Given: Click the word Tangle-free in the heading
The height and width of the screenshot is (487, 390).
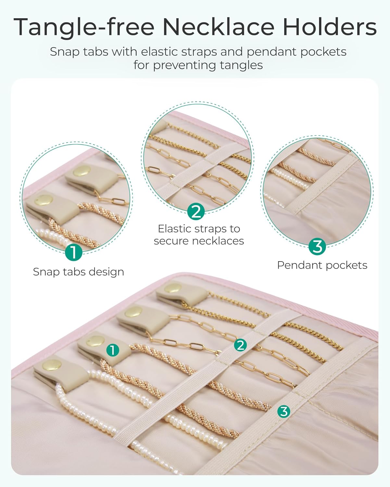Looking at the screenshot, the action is point(84,27).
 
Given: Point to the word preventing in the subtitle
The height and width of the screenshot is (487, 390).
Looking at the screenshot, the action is point(185,66).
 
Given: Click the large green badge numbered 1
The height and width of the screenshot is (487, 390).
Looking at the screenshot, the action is point(74,252).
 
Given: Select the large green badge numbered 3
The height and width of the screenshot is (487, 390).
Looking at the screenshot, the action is point(317,246).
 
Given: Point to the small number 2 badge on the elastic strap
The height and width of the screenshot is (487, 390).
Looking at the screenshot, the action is point(240,345).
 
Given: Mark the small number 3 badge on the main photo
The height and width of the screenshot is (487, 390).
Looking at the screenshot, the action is point(283,411).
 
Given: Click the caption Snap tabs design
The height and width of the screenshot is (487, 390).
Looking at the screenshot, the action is point(78,272).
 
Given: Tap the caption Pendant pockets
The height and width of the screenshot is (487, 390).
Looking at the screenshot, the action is point(322,265).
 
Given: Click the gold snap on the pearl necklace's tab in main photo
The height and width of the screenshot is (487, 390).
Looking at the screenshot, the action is point(52,371).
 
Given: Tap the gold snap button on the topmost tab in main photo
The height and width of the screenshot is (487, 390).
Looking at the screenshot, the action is point(173,288).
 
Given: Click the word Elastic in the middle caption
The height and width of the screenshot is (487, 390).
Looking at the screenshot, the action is point(175,229).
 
